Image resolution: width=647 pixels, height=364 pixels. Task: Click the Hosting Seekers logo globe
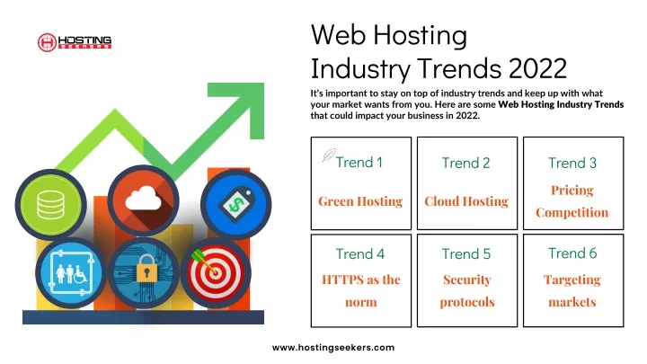[47, 42]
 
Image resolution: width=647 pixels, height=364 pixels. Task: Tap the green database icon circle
[50, 204]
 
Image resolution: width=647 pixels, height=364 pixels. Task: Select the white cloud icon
[143, 198]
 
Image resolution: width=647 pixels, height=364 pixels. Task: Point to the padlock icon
[146, 268]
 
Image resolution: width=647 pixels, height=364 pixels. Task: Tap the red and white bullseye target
[215, 272]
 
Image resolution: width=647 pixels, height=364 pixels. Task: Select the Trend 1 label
[359, 162]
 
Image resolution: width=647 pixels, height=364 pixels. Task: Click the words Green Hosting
[360, 201]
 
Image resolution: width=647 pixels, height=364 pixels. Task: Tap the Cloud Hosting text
[466, 201]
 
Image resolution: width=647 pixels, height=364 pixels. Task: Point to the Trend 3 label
[572, 163]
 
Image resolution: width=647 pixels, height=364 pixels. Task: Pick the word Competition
[572, 212]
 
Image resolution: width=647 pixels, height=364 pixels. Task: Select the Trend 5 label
[466, 253]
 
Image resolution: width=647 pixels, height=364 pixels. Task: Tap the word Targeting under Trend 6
[572, 280]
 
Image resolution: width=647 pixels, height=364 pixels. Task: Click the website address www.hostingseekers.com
[333, 348]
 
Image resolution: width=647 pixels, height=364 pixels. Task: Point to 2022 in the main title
[537, 68]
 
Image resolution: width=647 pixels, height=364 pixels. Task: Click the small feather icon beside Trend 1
[329, 155]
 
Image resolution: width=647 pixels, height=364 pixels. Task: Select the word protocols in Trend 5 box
[467, 303]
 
